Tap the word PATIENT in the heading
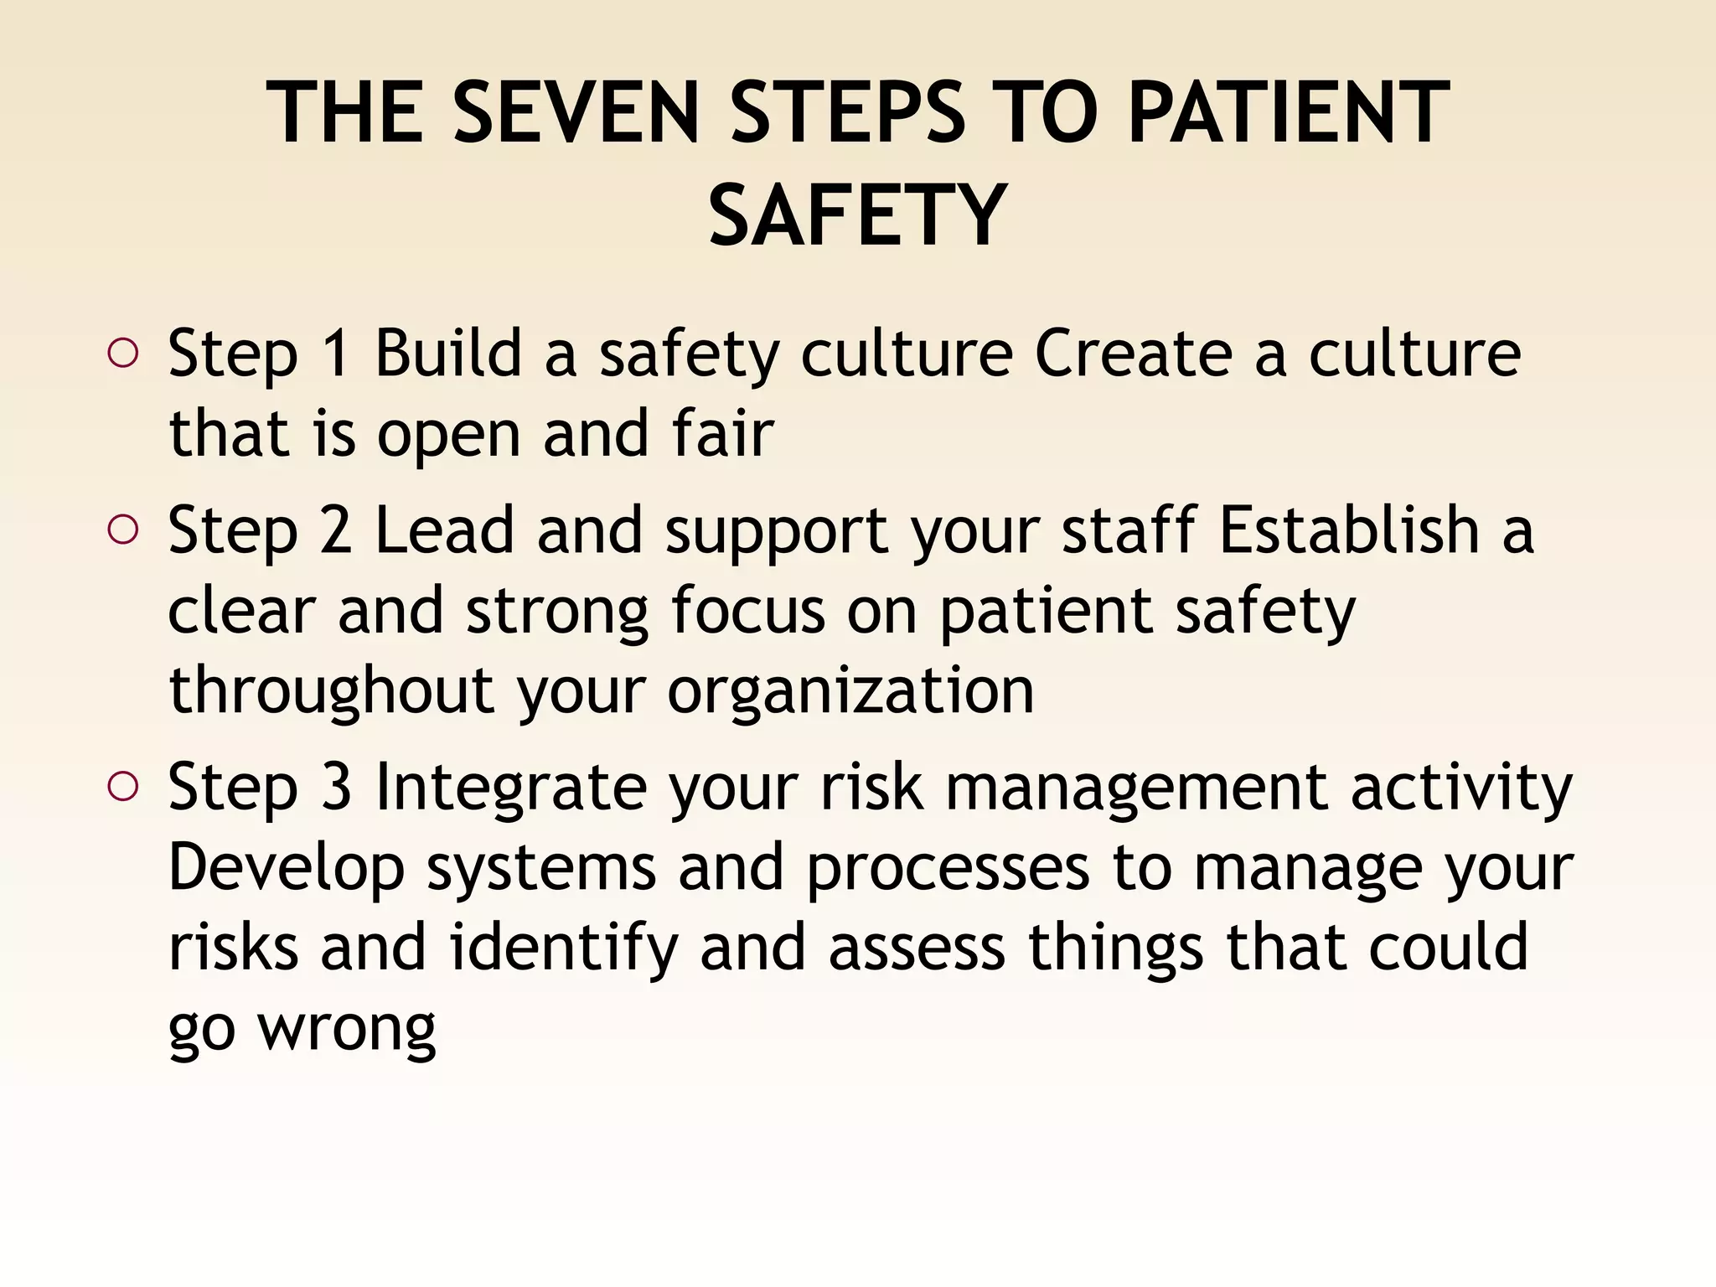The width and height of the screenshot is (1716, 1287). [x=1288, y=112]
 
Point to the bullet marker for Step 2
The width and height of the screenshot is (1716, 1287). [x=123, y=530]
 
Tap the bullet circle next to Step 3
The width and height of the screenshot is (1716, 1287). [x=123, y=787]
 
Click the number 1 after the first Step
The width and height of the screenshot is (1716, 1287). [x=336, y=354]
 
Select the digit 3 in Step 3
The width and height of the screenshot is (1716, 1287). [x=336, y=787]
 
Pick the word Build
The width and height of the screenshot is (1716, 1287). [x=448, y=354]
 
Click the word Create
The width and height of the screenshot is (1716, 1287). [x=1133, y=354]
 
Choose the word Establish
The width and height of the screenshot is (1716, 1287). [x=1349, y=530]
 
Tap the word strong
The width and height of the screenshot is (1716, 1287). [x=557, y=612]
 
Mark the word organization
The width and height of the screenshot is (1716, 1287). [x=850, y=691]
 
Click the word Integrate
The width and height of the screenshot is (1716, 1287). [x=511, y=787]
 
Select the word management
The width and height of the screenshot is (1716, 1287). [x=1136, y=787]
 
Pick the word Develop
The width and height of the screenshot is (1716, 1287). [x=287, y=868]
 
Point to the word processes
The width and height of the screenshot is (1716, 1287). [x=948, y=868]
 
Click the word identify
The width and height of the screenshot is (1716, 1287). [x=563, y=948]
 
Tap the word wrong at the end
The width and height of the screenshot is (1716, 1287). [x=347, y=1028]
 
